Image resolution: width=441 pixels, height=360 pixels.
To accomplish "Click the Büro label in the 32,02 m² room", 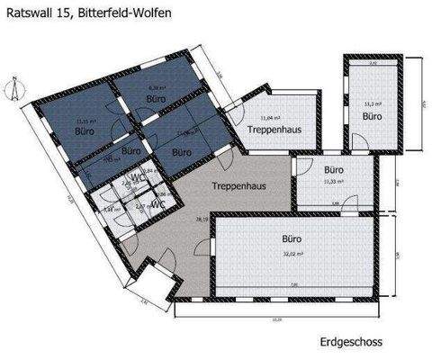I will [289, 240].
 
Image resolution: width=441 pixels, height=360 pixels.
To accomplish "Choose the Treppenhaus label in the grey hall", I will [237, 186].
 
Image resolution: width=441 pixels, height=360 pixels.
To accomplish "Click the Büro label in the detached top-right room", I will [372, 117].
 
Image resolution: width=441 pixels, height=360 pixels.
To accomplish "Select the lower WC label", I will [157, 203].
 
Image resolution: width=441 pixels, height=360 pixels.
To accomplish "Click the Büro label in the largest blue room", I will [86, 130].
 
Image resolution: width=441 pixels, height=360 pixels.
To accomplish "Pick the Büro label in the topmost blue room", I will [156, 98].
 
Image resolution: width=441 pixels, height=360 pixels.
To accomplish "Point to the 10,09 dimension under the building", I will [277, 321].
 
